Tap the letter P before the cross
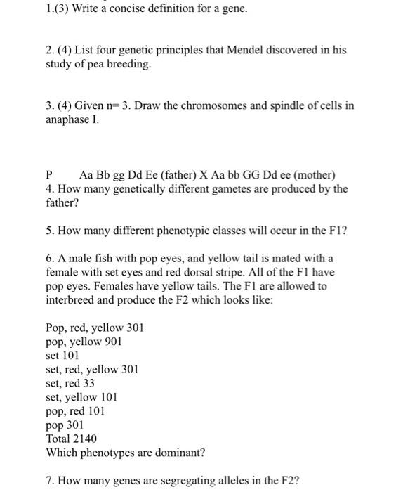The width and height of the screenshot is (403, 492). pyautogui.click(x=49, y=174)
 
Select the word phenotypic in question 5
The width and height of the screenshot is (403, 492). pyautogui.click(x=161, y=229)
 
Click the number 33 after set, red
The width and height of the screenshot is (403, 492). pyautogui.click(x=87, y=383)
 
